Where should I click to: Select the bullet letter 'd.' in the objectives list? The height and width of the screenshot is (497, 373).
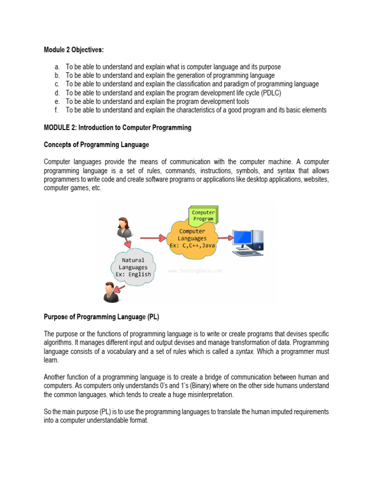click(x=57, y=93)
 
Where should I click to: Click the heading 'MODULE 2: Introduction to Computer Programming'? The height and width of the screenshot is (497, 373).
click(x=118, y=128)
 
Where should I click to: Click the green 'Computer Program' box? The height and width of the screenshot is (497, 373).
click(x=203, y=215)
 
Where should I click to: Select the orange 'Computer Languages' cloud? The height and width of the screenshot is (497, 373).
click(x=191, y=238)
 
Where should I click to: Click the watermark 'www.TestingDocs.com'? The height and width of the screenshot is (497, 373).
click(x=195, y=271)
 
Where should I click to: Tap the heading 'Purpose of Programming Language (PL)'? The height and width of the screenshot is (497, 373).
click(x=102, y=317)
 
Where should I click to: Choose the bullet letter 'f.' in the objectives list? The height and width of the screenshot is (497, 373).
click(x=56, y=110)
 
